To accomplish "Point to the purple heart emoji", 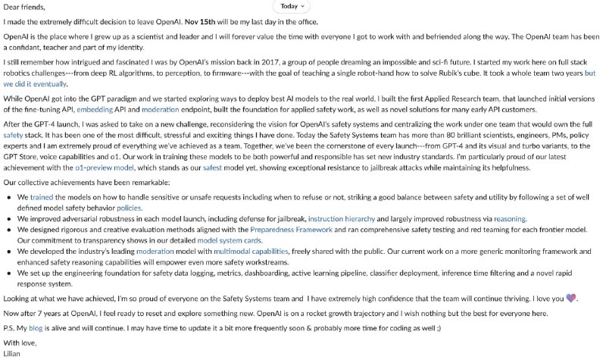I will (572, 299).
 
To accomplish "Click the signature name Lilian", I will (13, 353).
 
